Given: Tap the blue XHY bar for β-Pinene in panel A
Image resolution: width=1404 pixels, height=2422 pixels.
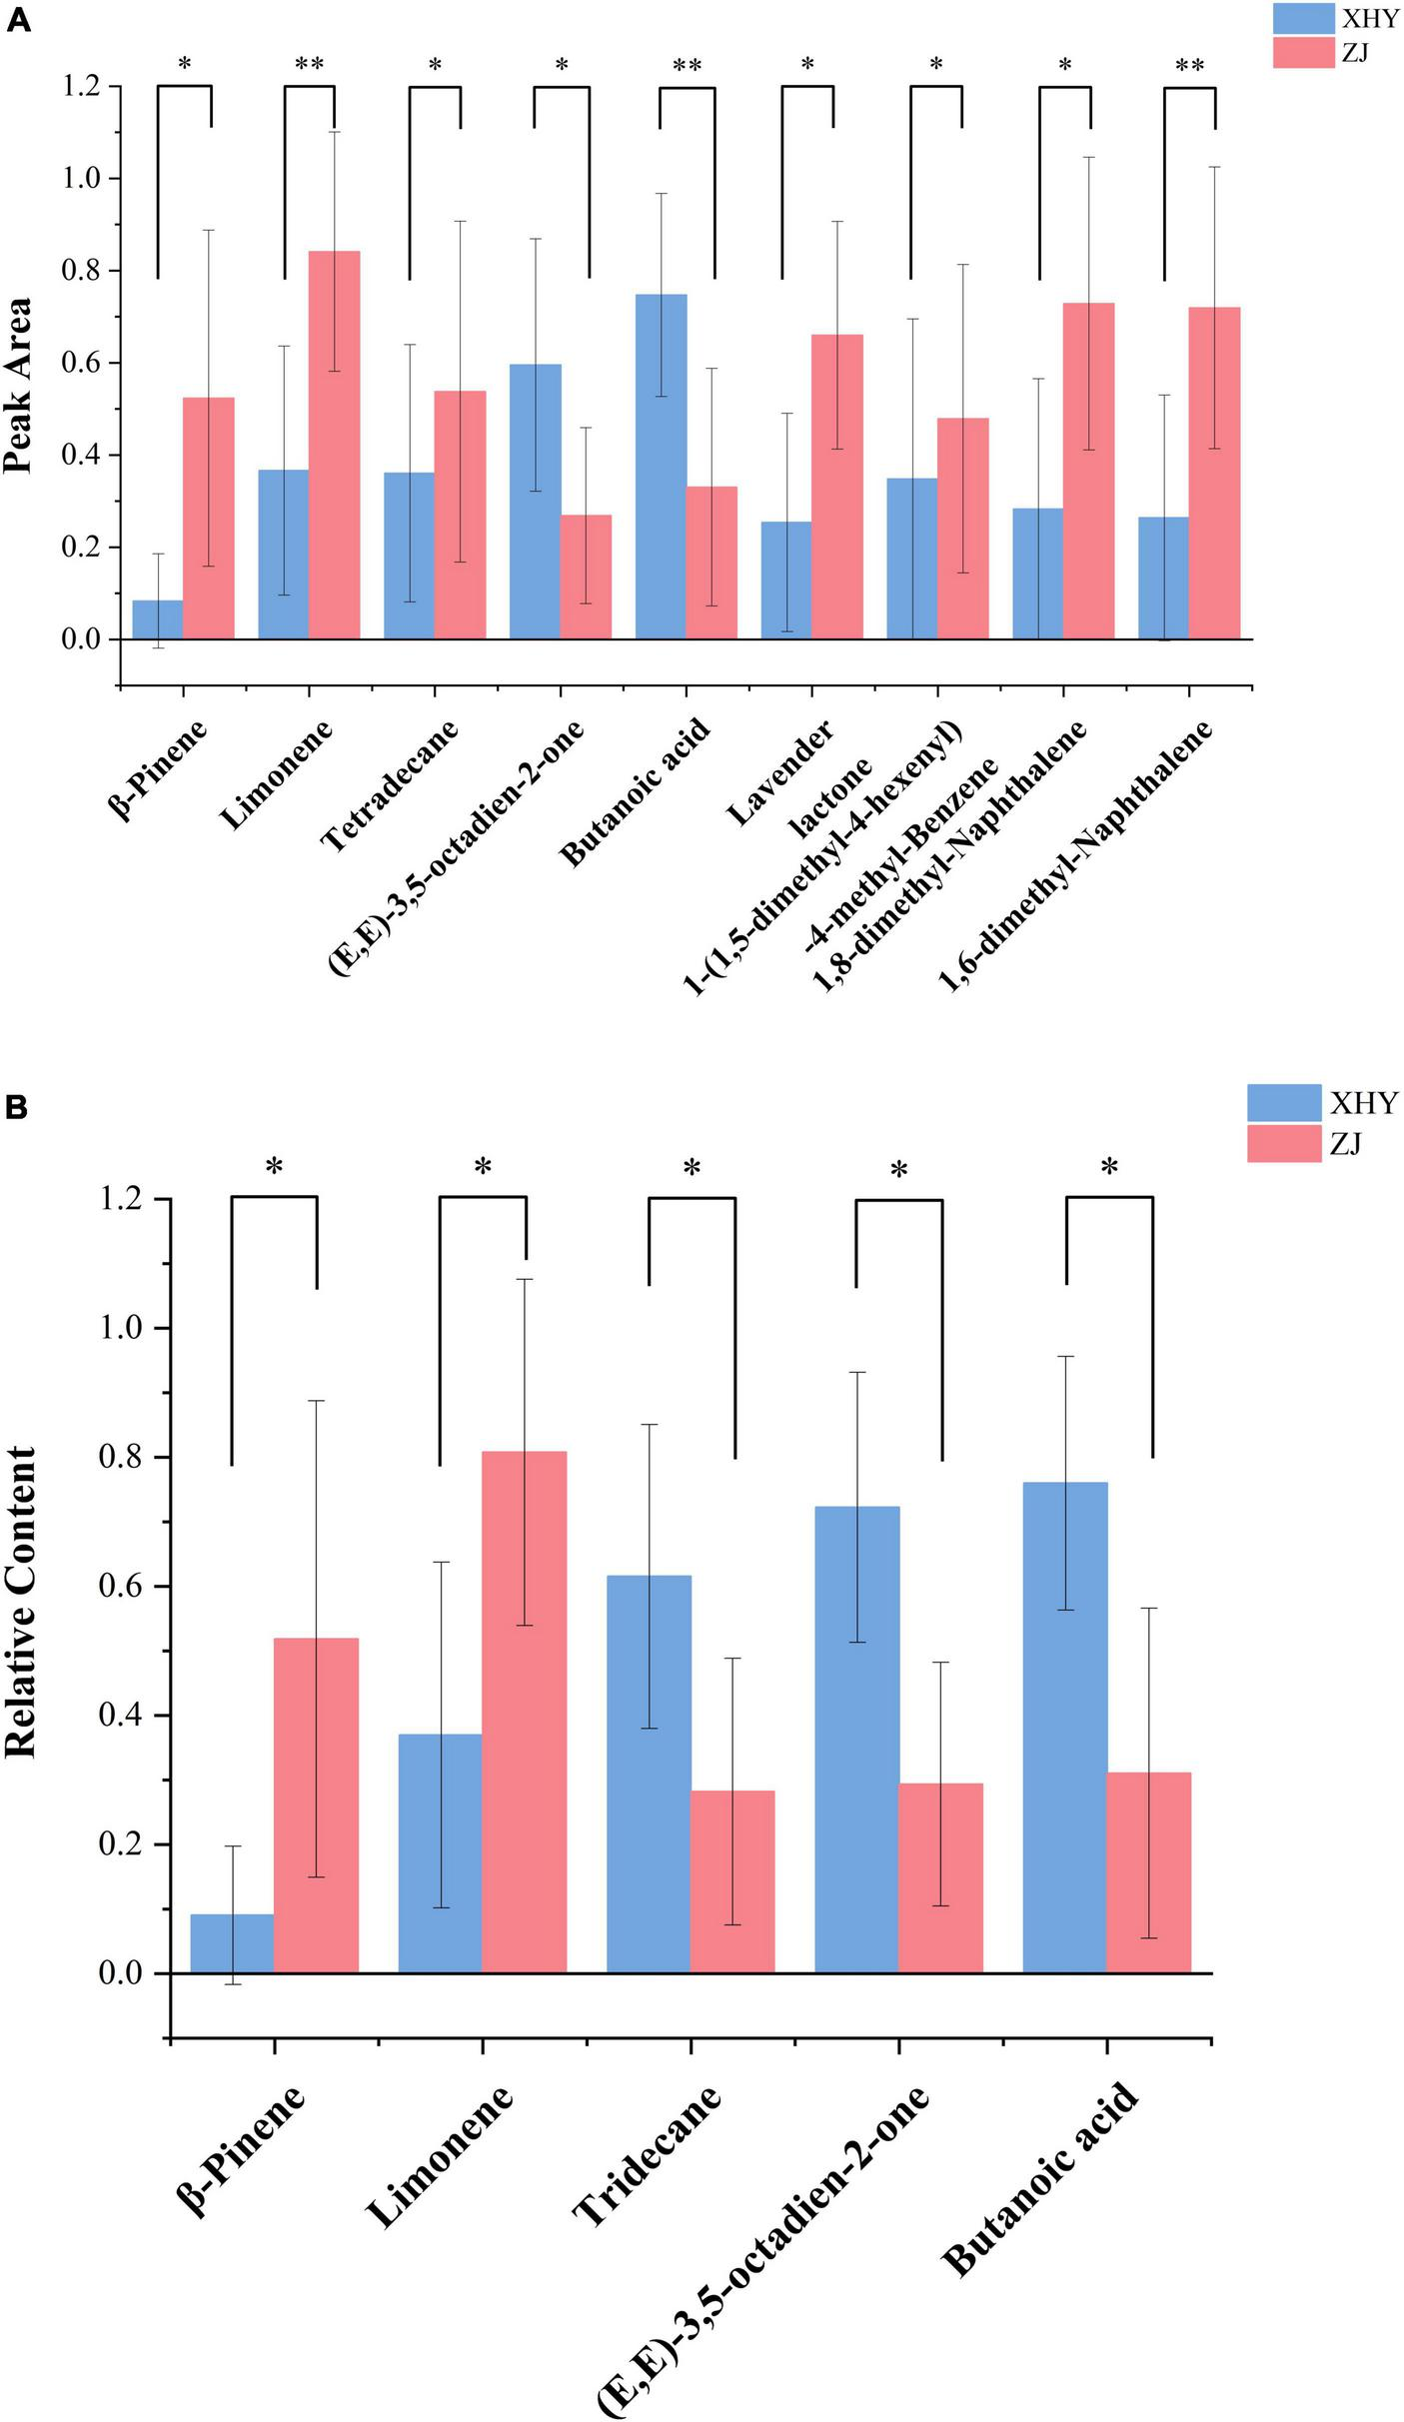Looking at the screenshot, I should (158, 619).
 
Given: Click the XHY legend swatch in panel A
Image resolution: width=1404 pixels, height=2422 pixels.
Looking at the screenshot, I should (1303, 18).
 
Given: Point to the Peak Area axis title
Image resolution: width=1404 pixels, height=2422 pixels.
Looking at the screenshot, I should (18, 386).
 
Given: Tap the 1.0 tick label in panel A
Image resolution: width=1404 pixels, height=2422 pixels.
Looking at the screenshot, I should (83, 179).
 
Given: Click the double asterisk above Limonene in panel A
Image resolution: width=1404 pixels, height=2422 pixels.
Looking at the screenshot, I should (309, 65).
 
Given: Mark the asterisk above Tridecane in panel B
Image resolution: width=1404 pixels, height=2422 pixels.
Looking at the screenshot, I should (692, 1167).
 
